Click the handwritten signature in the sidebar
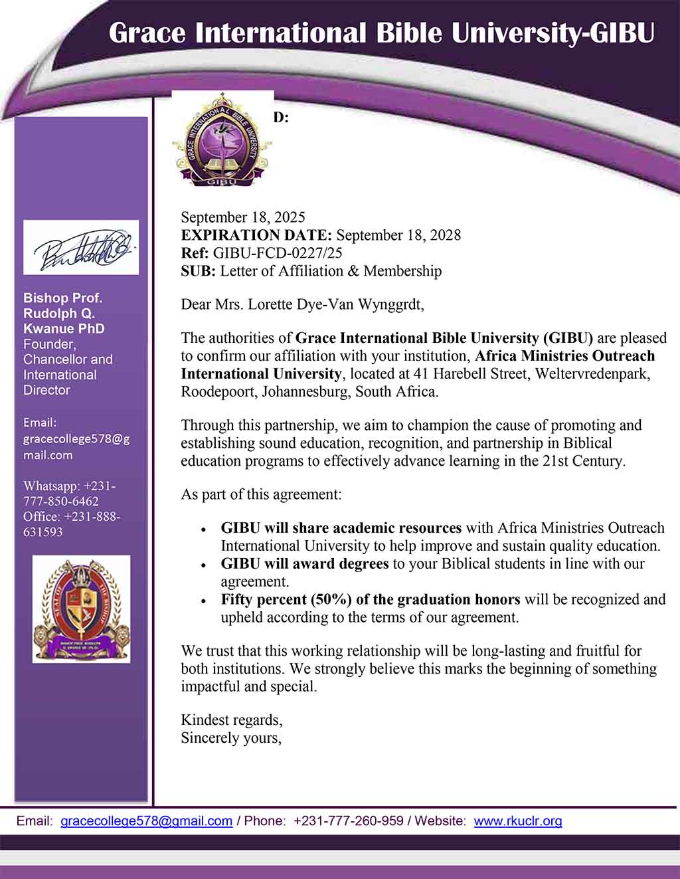pyautogui.click(x=81, y=248)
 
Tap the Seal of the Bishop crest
pyautogui.click(x=81, y=609)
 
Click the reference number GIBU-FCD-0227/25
pyautogui.click(x=278, y=253)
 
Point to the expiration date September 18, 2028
pyautogui.click(x=398, y=235)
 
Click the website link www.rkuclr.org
pyautogui.click(x=518, y=821)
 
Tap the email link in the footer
pyautogui.click(x=146, y=821)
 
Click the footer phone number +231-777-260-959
pyautogui.click(x=349, y=821)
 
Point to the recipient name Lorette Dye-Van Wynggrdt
pyautogui.click(x=335, y=305)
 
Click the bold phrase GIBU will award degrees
pyautogui.click(x=305, y=564)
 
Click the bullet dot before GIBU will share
pyautogui.click(x=203, y=530)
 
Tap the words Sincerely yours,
pyautogui.click(x=231, y=738)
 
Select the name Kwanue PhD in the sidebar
pyautogui.click(x=64, y=329)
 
